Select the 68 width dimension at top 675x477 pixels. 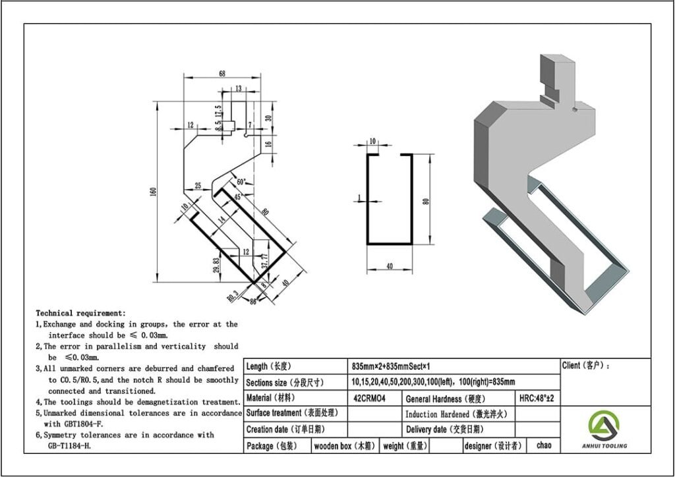(221, 73)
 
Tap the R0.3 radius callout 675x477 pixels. (233, 296)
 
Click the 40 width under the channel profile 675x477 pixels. (390, 266)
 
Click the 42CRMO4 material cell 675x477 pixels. (369, 398)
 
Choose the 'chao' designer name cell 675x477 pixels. (544, 445)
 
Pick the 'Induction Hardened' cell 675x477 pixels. (455, 414)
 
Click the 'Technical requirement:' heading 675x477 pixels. (80, 313)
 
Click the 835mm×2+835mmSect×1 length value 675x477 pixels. (392, 366)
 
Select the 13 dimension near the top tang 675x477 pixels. (237, 88)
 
